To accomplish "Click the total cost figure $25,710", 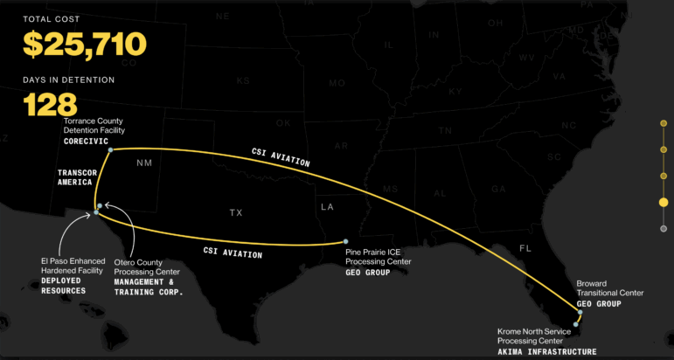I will pos(85,44).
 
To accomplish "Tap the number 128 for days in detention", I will pos(51,105).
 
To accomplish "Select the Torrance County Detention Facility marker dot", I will pos(110,150).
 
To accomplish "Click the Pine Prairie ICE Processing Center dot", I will pos(346,241).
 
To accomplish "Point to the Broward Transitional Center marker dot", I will pos(579,312).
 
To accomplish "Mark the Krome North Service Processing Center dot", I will pos(575,324).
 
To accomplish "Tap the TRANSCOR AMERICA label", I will pos(77,177).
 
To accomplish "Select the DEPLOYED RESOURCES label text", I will pos(63,285).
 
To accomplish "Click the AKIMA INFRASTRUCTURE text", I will pos(547,351).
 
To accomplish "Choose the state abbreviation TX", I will pos(236,212).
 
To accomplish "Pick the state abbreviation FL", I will pos(525,247).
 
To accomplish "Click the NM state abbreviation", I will pos(143,163).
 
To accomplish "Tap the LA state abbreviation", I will pos(328,207).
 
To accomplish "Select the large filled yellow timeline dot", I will pos(664,202).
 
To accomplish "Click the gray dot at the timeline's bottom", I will pos(664,228).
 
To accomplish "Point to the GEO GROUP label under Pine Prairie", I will pos(366,273).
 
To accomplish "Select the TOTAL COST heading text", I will pos(52,18).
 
